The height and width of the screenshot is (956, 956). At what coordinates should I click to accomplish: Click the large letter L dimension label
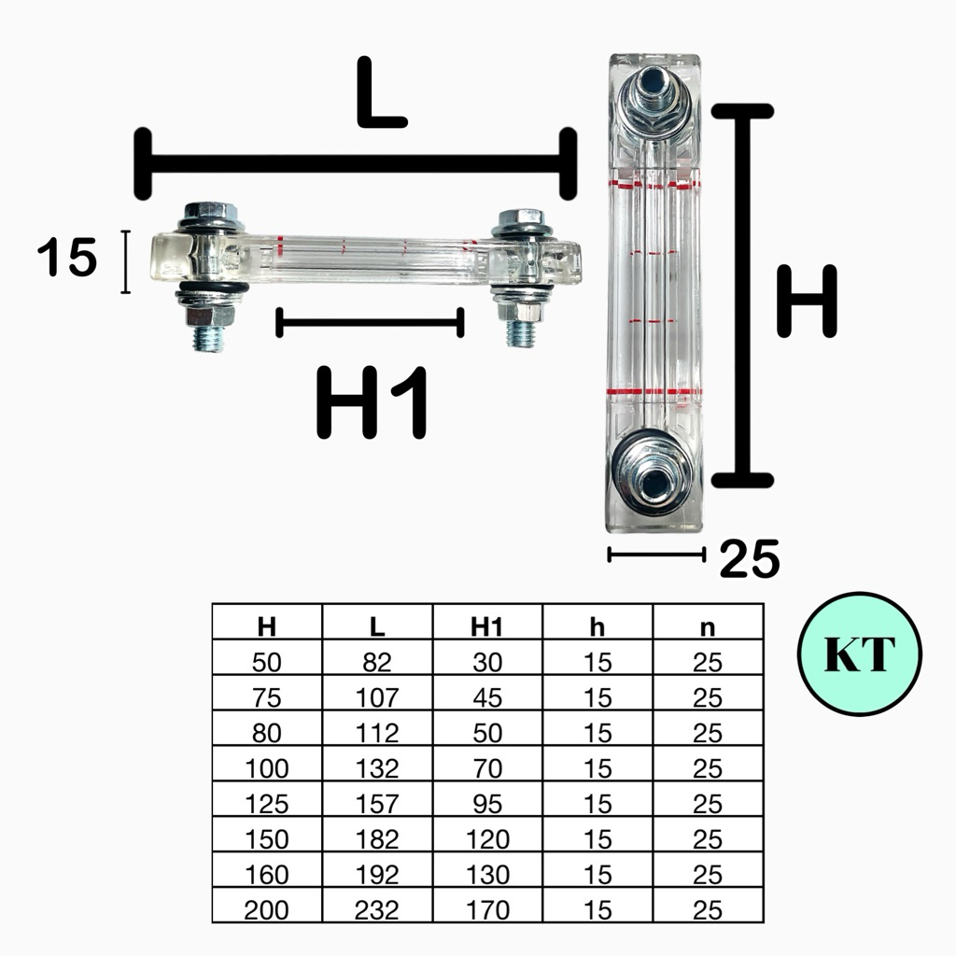pos(381,92)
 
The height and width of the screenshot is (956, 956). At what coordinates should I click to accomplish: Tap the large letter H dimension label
pos(807,302)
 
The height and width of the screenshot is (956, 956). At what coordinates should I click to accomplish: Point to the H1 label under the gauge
pos(372,403)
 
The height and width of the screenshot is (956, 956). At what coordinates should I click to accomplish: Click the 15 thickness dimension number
pos(67,258)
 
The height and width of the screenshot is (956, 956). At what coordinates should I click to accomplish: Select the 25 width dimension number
pos(750,558)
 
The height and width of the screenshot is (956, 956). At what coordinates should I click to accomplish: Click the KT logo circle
pos(859,654)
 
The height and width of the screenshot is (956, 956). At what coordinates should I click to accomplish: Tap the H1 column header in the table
pos(486,626)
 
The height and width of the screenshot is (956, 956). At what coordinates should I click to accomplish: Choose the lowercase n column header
pos(708,628)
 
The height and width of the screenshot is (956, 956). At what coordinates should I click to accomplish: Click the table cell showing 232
pos(377,909)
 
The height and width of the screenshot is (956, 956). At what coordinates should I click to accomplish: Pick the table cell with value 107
pos(377,697)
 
